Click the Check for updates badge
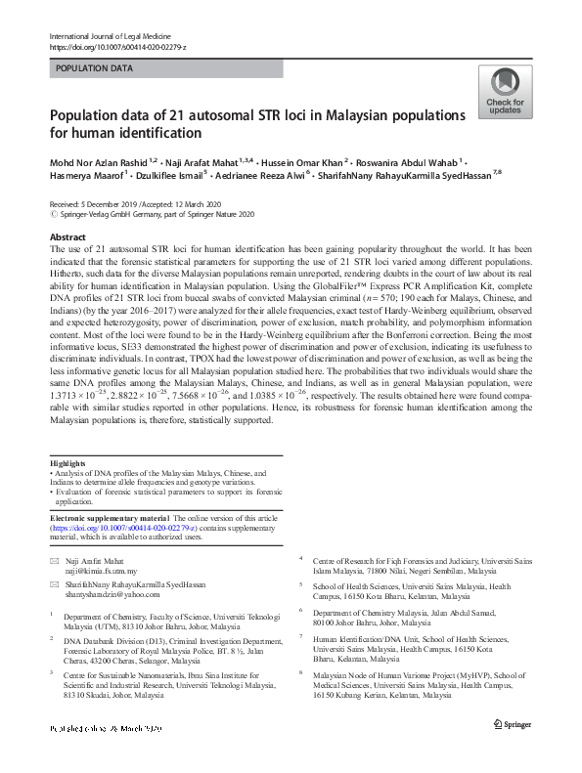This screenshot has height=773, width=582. coord(505,94)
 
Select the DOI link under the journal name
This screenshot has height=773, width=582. coord(116,47)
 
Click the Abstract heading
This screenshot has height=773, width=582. coord(68,237)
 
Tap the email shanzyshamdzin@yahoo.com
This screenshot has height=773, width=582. coord(113,593)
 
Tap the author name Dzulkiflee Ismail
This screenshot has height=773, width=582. coord(164,176)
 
